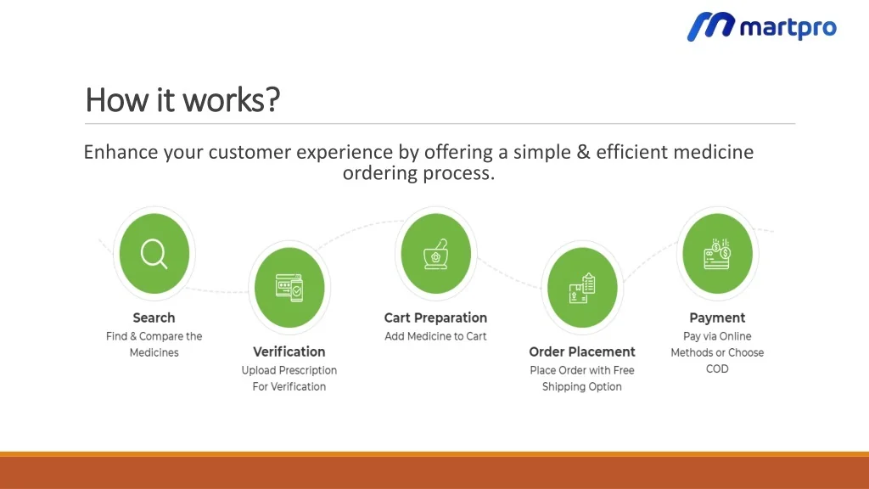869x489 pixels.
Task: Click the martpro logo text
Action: pyautogui.click(x=788, y=28)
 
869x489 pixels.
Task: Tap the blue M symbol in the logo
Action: pyautogui.click(x=710, y=26)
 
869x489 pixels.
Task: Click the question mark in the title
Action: pyautogui.click(x=272, y=100)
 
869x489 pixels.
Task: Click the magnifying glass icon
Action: pyautogui.click(x=154, y=254)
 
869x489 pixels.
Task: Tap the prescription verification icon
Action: pyautogui.click(x=289, y=288)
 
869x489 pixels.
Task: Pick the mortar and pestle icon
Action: pyautogui.click(x=436, y=254)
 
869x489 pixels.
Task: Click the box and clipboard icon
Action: pyautogui.click(x=582, y=288)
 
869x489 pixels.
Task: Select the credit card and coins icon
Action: pyautogui.click(x=717, y=254)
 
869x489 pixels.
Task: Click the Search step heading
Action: pyautogui.click(x=154, y=318)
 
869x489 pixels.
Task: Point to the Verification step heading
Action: pyautogui.click(x=289, y=351)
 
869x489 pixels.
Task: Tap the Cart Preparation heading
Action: pyautogui.click(x=435, y=318)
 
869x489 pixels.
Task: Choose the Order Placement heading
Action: pyautogui.click(x=582, y=351)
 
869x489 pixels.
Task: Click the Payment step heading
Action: pyautogui.click(x=717, y=318)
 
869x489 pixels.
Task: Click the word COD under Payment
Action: pyautogui.click(x=717, y=368)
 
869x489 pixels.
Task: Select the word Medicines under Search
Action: pyautogui.click(x=154, y=352)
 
